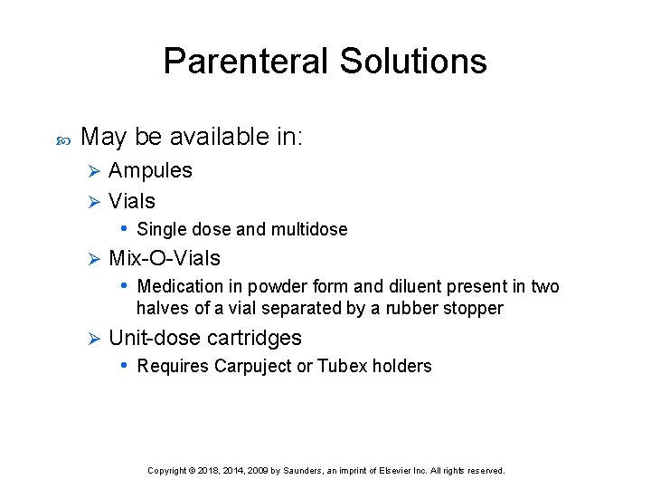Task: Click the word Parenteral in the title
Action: point(246,62)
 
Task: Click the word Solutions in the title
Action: point(413,62)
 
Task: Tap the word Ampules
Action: point(150,170)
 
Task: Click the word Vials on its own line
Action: point(132,201)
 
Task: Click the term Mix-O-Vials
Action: point(164,258)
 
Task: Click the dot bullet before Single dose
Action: point(124,228)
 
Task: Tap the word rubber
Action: point(412,309)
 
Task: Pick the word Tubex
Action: point(341,367)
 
